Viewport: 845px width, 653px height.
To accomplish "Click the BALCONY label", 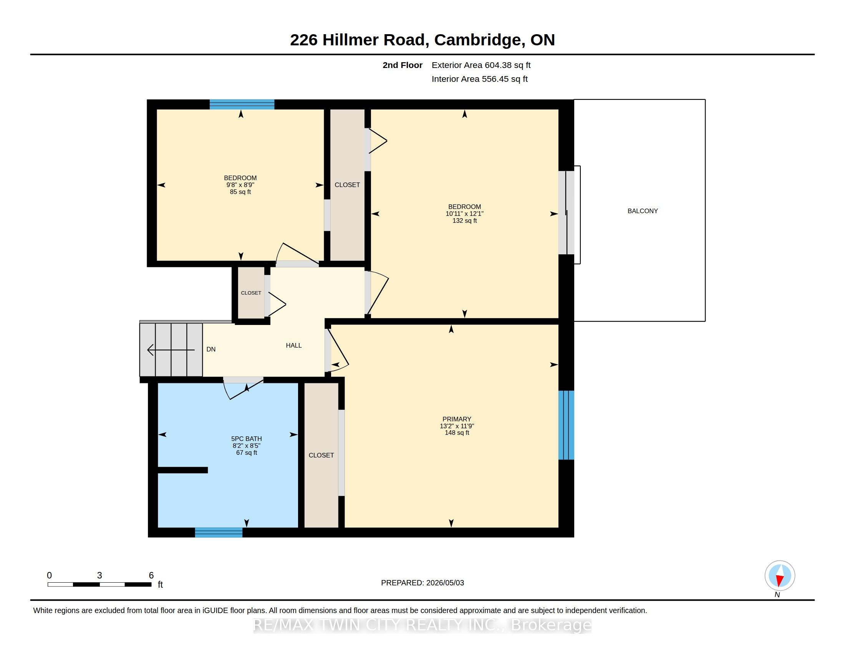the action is click(x=642, y=211).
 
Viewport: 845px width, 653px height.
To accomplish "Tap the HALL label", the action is click(x=294, y=345).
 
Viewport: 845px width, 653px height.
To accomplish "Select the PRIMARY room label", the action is click(x=457, y=419).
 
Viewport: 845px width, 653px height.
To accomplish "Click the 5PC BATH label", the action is click(x=247, y=439).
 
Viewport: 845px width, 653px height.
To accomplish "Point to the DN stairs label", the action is click(x=211, y=349).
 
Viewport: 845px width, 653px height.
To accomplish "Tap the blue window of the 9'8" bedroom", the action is click(x=242, y=104).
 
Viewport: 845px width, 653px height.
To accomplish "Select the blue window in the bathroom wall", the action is click(x=219, y=532).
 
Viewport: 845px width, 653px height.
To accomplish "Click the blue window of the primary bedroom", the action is click(x=566, y=425).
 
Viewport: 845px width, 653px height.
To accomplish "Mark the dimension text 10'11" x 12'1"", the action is click(x=464, y=214).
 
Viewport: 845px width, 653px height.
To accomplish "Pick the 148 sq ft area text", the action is click(x=457, y=433).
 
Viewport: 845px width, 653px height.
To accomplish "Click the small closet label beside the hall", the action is click(x=251, y=293).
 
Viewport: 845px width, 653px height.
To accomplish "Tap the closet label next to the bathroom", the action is click(x=321, y=455).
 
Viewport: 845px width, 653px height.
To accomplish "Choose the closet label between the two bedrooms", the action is click(x=347, y=185).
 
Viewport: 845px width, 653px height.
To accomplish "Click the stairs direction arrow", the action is click(x=171, y=350).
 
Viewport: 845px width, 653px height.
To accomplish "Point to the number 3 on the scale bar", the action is click(x=99, y=575).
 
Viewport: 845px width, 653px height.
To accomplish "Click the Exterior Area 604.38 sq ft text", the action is click(x=481, y=65).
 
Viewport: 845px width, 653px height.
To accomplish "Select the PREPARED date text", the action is click(x=422, y=583).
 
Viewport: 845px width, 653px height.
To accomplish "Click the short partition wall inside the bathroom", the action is click(x=182, y=470).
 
